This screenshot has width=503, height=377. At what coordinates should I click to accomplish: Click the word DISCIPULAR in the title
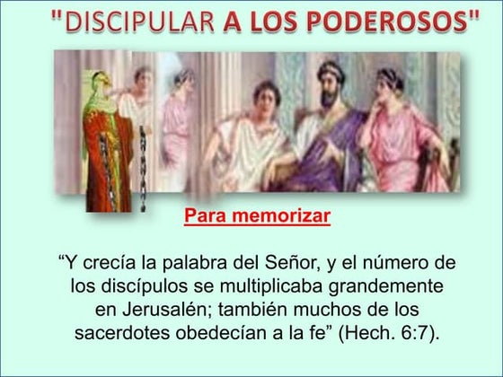pos(137,24)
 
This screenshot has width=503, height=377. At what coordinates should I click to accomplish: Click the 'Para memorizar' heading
pos(257,216)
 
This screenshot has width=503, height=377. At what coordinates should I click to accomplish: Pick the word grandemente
pos(388,287)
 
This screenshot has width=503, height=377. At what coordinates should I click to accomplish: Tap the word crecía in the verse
pos(108,264)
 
